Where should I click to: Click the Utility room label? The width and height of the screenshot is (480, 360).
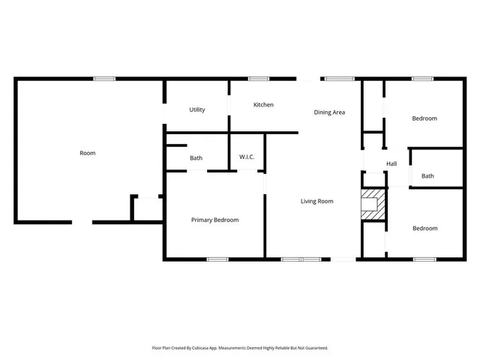(x=197, y=110)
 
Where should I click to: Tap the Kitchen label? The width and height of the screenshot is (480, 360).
(x=263, y=105)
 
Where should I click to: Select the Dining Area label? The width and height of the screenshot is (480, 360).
(x=329, y=112)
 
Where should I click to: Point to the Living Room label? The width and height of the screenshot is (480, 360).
(x=316, y=201)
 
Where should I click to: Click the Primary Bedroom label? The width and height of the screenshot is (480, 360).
(x=214, y=220)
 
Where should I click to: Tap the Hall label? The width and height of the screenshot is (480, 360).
(x=391, y=163)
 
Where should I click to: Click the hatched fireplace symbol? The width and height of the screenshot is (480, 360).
(x=373, y=205)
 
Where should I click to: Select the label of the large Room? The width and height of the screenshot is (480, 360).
(x=88, y=153)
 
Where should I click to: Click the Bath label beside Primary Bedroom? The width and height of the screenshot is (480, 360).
(x=196, y=158)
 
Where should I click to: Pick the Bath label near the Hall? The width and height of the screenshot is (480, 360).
(x=427, y=176)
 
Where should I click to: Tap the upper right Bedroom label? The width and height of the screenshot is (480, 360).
(x=424, y=118)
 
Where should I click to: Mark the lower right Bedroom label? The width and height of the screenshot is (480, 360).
(x=424, y=228)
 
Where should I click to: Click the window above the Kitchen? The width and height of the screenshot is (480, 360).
(x=259, y=79)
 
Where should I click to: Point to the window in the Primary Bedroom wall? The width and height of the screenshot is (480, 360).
(x=217, y=259)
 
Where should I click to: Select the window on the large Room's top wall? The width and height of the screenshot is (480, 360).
(x=104, y=79)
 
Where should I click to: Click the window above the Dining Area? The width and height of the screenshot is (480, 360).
(x=339, y=79)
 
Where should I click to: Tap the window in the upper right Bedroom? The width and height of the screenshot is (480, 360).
(x=424, y=79)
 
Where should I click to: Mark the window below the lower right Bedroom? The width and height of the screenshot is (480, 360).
(x=424, y=259)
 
